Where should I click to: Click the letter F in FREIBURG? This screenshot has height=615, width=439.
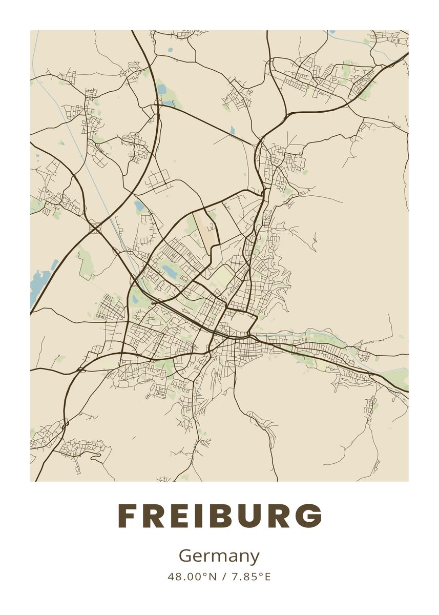(x=128, y=516)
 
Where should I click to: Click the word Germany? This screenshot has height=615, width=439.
(x=219, y=557)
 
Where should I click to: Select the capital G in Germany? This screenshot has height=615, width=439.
(x=185, y=556)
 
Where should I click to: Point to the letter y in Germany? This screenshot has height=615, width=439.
(x=255, y=558)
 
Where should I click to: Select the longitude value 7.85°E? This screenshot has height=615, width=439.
(x=251, y=577)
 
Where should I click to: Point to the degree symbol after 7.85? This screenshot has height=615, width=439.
(x=260, y=574)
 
